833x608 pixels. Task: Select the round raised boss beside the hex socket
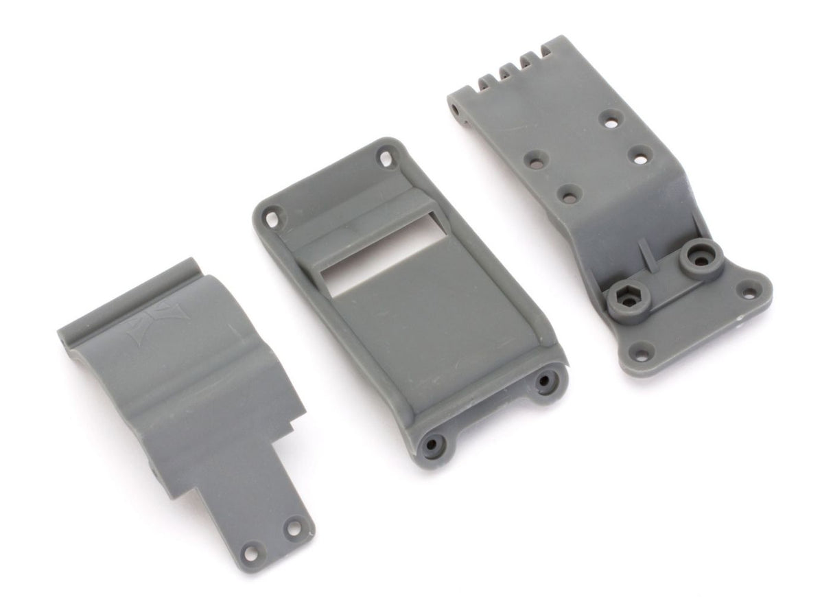[699, 257]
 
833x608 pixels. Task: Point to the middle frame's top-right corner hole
[385, 159]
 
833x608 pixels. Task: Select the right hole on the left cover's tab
[294, 528]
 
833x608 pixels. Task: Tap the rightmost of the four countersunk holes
[640, 158]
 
